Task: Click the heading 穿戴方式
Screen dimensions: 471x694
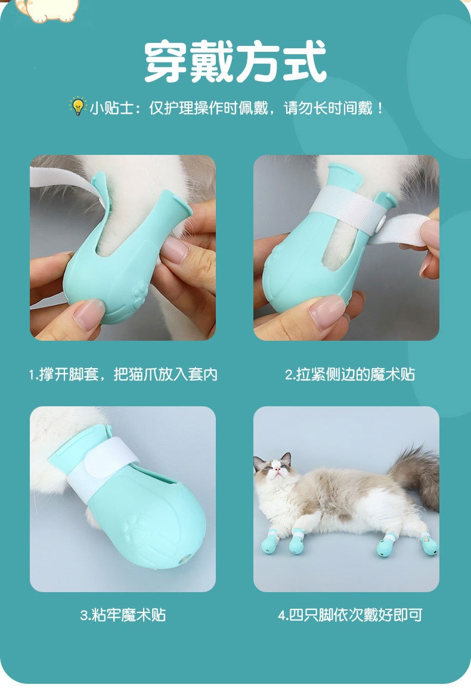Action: click(235, 62)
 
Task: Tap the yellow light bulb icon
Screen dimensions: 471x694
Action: click(78, 106)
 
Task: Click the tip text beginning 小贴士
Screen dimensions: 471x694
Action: click(237, 108)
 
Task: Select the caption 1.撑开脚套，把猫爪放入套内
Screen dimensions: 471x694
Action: click(123, 375)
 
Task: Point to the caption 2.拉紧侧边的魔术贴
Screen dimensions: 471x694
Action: click(350, 375)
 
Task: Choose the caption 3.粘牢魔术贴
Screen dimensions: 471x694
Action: click(123, 615)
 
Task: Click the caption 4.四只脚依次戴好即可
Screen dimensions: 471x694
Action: click(350, 615)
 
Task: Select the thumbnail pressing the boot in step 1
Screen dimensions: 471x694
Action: click(88, 315)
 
